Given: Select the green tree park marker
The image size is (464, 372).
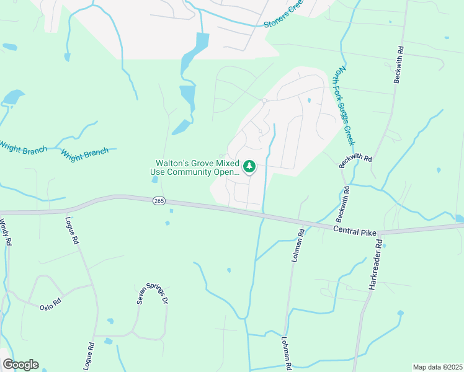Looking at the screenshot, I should [x=249, y=166].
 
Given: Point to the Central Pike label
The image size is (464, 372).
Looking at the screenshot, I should [x=354, y=229].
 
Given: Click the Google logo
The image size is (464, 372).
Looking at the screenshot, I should [x=20, y=365].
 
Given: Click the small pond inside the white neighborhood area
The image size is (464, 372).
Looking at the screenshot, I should [x=308, y=100].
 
